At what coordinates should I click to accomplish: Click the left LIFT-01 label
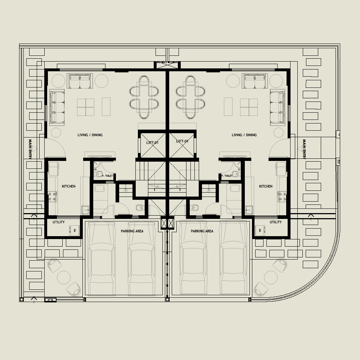pyautogui.click(x=153, y=143)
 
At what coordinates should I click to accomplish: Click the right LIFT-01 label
pyautogui.click(x=182, y=141)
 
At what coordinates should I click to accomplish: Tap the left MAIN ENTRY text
pyautogui.click(x=30, y=149)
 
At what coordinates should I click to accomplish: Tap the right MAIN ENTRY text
pyautogui.click(x=304, y=149)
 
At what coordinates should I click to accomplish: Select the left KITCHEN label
pyautogui.click(x=69, y=186)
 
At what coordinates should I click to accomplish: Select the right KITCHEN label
pyautogui.click(x=266, y=186)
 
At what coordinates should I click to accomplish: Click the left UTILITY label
pyautogui.click(x=59, y=222)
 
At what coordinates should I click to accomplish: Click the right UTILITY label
pyautogui.click(x=276, y=222)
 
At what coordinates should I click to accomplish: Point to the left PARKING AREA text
pyautogui.click(x=132, y=231)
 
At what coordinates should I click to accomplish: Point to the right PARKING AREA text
pyautogui.click(x=202, y=231)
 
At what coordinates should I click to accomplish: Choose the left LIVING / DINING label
pyautogui.click(x=90, y=135)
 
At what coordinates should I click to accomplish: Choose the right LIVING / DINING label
pyautogui.click(x=244, y=135)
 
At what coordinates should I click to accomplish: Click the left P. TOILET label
pyautogui.click(x=108, y=176)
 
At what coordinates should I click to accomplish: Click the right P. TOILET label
pyautogui.click(x=227, y=176)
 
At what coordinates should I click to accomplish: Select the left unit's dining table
pyautogui.click(x=144, y=97)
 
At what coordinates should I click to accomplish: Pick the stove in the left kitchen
pyautogui.click(x=52, y=196)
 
